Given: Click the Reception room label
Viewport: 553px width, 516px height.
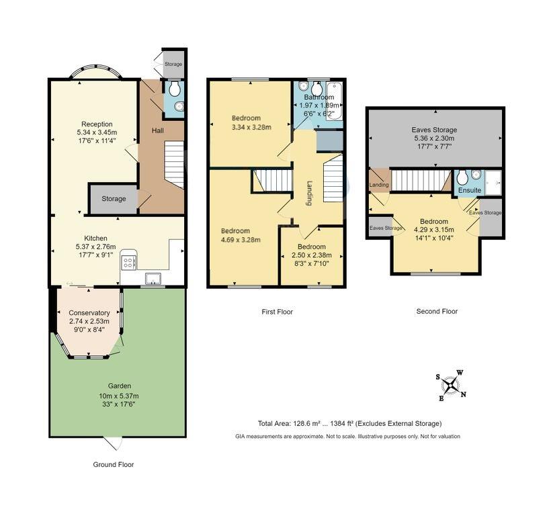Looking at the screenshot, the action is pos(97,124).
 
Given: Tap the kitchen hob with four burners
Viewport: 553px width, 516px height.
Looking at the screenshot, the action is pos(129,262).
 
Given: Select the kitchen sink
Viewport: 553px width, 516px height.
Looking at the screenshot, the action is pos(153,278).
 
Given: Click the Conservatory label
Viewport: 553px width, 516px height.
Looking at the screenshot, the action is pos(89,313).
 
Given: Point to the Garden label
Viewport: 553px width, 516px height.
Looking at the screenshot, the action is pos(120,386).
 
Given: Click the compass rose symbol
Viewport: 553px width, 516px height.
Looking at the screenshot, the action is pos(451,385).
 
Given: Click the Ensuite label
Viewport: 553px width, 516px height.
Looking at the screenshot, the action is pos(470,190).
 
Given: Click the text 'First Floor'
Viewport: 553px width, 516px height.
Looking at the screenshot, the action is pos(278,312).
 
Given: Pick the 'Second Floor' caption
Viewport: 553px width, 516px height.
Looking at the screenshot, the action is pos(437,312).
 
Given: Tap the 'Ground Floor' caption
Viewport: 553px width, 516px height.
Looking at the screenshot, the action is pos(114,464).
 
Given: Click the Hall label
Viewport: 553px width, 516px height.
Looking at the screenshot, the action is pos(158,130).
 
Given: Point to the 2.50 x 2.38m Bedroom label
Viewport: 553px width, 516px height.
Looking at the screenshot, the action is pos(311,247).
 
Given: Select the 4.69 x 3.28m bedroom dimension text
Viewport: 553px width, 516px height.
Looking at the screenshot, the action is pos(241,240).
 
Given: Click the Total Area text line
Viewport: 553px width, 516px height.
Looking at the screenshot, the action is pos(349,423).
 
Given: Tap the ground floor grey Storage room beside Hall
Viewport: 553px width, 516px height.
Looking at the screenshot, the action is pos(114,200).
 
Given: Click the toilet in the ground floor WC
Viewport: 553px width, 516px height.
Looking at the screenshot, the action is pos(174,89).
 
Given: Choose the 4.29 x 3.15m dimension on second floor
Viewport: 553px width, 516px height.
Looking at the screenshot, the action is pos(434,230).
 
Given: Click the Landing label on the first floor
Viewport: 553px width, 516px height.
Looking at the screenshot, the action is pos(309,193).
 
